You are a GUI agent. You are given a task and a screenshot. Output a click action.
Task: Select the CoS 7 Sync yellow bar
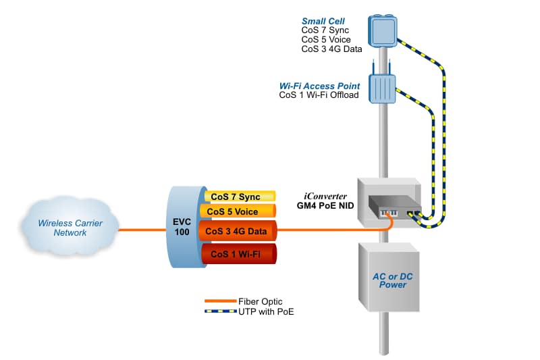click(240, 197)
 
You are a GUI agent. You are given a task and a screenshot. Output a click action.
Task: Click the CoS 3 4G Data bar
click(238, 232)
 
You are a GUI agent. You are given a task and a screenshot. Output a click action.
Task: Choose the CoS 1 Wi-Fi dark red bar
click(238, 254)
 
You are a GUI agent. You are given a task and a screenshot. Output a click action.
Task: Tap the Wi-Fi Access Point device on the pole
click(382, 84)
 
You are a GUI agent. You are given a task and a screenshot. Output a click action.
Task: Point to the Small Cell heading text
click(323, 21)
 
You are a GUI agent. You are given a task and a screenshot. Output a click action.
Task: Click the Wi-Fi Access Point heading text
click(319, 86)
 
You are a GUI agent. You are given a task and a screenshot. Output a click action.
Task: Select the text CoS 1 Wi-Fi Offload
click(319, 95)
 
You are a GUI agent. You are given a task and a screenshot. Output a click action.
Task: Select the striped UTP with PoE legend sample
click(220, 311)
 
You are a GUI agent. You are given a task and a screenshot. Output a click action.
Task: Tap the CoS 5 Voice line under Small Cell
click(326, 40)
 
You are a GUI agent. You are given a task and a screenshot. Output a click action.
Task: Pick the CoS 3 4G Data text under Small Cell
click(331, 49)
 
